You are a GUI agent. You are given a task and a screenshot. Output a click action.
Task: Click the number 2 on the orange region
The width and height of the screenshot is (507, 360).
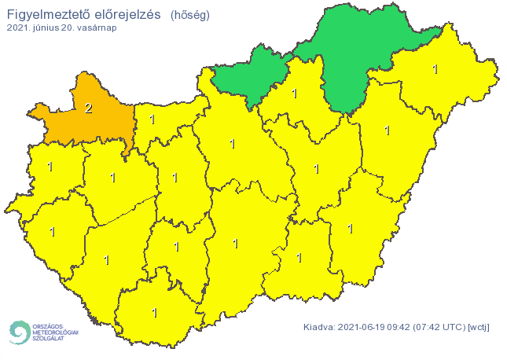(x=88, y=108)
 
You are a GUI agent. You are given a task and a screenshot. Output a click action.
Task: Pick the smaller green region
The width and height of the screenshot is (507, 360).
(x=251, y=75)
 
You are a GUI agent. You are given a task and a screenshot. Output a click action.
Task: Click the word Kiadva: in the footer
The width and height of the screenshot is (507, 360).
(x=320, y=327)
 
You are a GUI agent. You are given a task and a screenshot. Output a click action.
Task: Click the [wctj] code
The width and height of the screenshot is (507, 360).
(x=478, y=327)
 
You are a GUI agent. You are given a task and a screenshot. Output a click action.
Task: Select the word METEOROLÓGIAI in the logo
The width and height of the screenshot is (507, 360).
(x=56, y=332)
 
